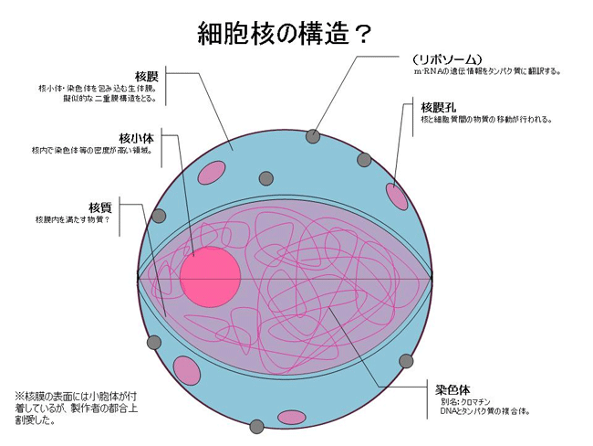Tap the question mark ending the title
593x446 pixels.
pos(362,35)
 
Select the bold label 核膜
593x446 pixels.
pos(147,75)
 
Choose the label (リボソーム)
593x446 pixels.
pos(446,58)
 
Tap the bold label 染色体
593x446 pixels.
pos(452,388)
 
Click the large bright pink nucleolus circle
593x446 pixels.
pos(210,277)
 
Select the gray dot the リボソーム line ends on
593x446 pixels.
pos(313,136)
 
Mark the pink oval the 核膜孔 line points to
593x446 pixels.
pos(398,195)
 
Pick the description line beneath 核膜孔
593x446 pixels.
pos(486,120)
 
